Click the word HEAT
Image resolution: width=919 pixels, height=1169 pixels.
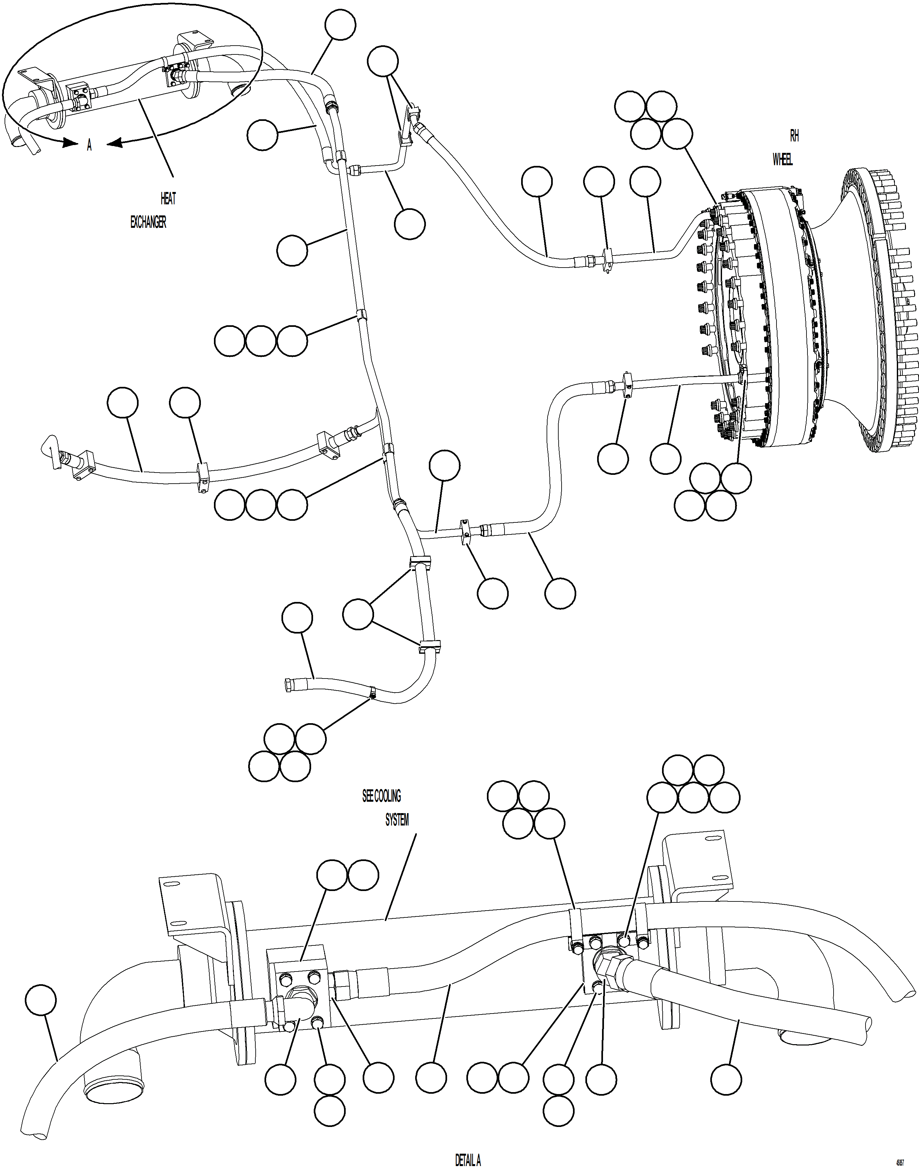[x=168, y=199]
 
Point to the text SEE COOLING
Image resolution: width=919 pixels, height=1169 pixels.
[x=382, y=796]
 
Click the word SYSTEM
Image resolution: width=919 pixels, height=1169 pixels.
[x=397, y=820]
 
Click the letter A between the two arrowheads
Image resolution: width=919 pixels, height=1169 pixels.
[x=89, y=145]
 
